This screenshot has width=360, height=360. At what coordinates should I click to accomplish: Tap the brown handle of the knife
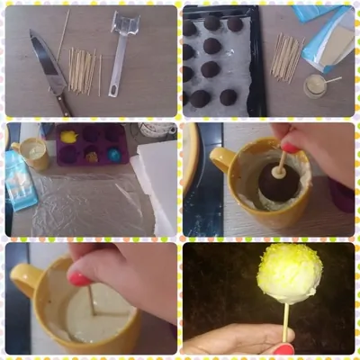click(x=64, y=104)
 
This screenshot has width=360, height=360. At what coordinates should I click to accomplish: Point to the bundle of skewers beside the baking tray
click(x=288, y=56)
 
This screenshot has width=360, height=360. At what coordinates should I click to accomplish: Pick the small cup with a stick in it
click(x=315, y=86)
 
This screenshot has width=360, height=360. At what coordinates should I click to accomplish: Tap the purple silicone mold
click(x=90, y=144)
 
